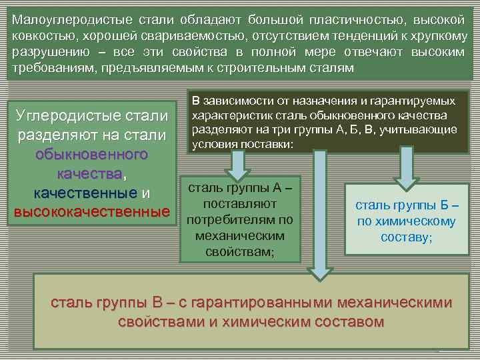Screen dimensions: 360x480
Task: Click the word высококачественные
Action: click(x=91, y=212)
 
